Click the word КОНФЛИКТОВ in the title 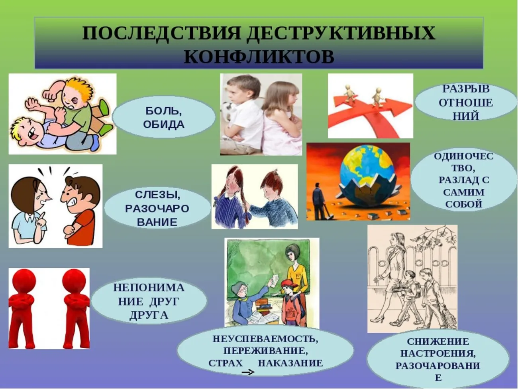coord(259,57)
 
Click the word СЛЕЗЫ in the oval coord(157,195)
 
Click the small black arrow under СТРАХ coord(248,372)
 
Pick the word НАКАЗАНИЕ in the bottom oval coord(290,363)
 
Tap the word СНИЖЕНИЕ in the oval coord(438,342)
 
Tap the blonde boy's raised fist coord(50,95)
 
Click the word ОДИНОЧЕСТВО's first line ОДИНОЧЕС coord(463,156)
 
